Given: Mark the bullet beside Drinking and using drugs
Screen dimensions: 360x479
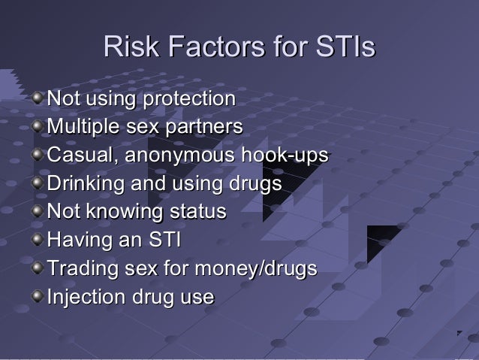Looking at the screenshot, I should click(38, 183).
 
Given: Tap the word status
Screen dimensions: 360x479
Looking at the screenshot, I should click(200, 212).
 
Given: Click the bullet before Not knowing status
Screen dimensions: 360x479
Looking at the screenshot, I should click(38, 212).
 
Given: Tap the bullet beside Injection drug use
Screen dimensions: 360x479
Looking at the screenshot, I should click(38, 298).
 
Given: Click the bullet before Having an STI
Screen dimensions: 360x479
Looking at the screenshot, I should click(38, 241).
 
